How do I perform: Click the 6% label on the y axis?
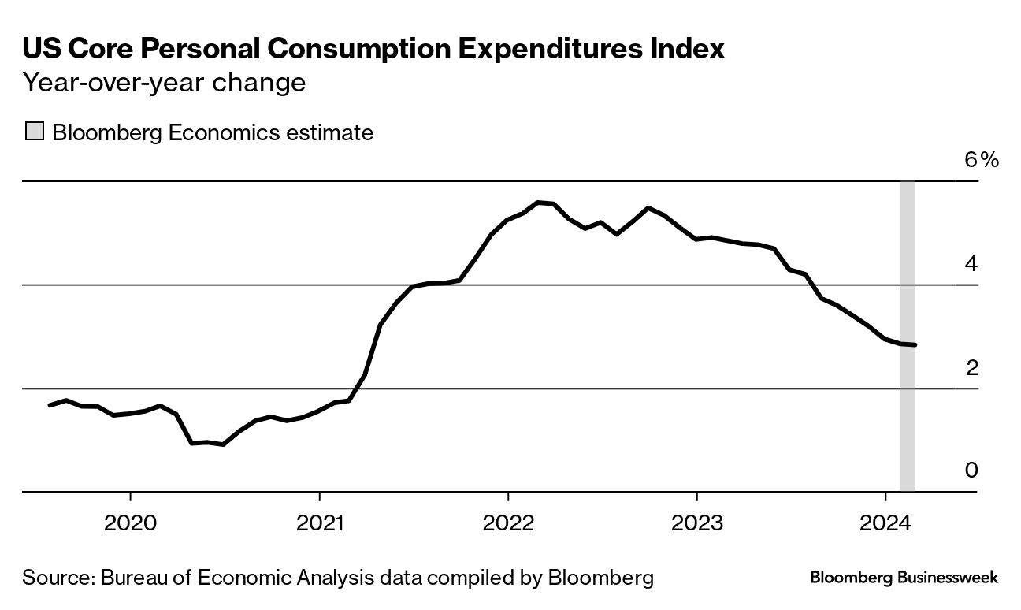tap(982, 160)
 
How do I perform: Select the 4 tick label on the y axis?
tap(971, 263)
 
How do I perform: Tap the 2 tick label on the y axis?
tap(971, 367)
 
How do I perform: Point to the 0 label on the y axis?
tap(971, 471)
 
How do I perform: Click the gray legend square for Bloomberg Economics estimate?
tap(34, 132)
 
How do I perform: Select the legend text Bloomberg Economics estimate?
tap(213, 132)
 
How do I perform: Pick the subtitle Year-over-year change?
tap(164, 83)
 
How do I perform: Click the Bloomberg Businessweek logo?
tap(904, 578)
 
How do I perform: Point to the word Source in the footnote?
tap(57, 578)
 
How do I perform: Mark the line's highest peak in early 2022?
tap(539, 203)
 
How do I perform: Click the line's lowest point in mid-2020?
tap(225, 444)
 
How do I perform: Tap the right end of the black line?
tap(914, 344)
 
